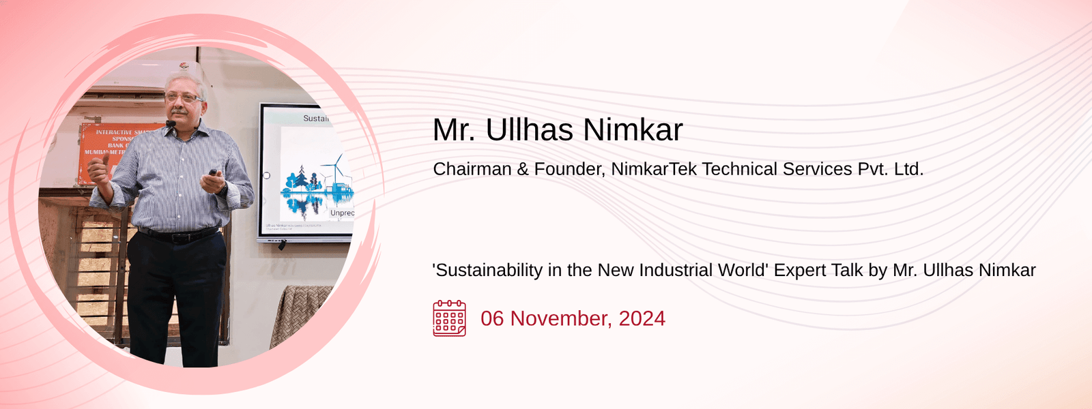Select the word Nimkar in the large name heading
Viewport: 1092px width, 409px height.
(x=633, y=130)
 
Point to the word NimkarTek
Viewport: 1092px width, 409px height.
(x=653, y=169)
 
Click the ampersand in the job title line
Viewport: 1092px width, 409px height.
(x=523, y=169)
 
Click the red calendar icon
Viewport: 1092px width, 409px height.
(x=449, y=318)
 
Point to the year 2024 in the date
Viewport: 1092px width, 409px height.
(x=642, y=318)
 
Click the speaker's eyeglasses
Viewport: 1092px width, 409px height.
(x=183, y=98)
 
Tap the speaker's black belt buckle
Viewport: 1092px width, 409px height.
(x=178, y=238)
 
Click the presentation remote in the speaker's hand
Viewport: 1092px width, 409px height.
(x=214, y=173)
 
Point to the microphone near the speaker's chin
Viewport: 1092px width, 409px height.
(x=170, y=123)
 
